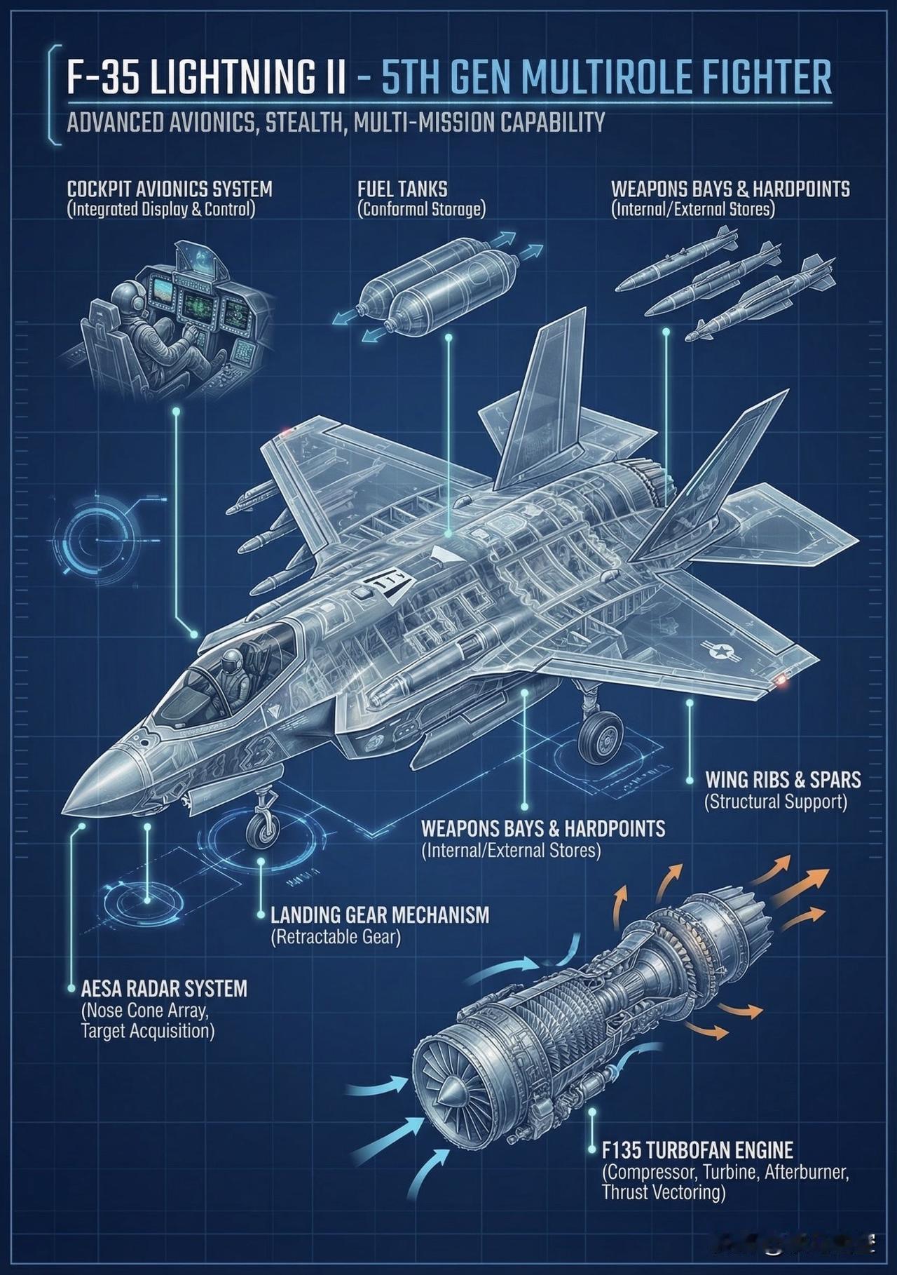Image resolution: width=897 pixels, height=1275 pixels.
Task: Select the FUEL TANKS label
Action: pyautogui.click(x=402, y=189)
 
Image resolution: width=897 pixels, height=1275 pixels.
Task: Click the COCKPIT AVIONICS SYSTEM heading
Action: pyautogui.click(x=170, y=189)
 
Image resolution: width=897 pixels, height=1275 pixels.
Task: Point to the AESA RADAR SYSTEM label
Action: pyautogui.click(x=164, y=989)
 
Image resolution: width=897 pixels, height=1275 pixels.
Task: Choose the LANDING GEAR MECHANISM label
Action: pyautogui.click(x=380, y=915)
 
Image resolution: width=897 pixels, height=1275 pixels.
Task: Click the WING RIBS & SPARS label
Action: pyautogui.click(x=783, y=779)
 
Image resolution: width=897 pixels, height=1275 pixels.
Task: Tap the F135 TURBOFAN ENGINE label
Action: pyautogui.click(x=698, y=1150)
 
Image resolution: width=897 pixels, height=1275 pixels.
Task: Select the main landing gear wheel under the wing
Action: pyautogui.click(x=601, y=736)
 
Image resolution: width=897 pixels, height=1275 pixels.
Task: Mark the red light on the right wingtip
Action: pyautogui.click(x=781, y=678)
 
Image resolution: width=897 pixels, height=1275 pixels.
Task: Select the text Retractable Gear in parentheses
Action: pyautogui.click(x=336, y=936)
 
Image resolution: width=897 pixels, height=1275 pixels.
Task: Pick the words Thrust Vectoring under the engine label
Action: pyautogui.click(x=663, y=1192)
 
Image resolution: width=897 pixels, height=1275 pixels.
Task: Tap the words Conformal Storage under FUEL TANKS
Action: pyautogui.click(x=421, y=209)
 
